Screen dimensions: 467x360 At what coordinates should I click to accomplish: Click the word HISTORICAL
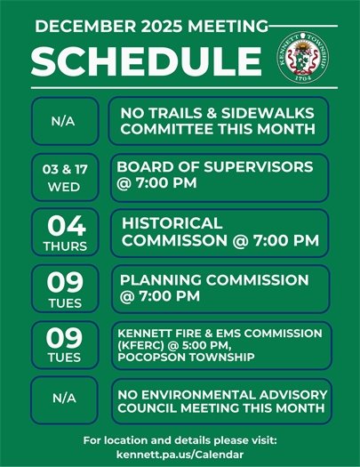click(172, 223)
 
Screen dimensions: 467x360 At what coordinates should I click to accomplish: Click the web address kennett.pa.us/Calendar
click(180, 454)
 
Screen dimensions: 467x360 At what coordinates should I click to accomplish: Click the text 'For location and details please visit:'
click(180, 440)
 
